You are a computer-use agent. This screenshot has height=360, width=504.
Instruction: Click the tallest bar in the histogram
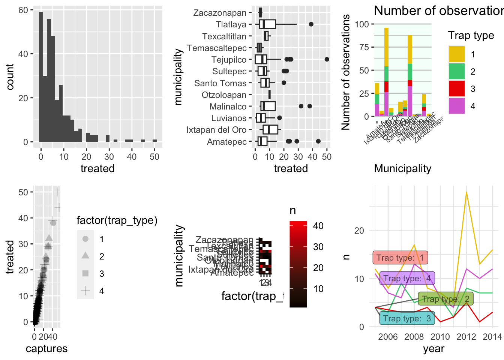click(41, 77)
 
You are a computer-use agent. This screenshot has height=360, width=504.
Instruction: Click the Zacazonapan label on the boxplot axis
click(220, 13)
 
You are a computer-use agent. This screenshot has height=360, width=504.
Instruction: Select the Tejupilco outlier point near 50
click(327, 59)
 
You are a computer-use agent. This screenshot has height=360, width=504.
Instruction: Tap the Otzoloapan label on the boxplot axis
click(224, 95)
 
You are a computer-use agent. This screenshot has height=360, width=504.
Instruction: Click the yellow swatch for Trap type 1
click(457, 54)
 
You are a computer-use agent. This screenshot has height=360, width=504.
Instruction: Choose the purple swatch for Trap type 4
click(457, 106)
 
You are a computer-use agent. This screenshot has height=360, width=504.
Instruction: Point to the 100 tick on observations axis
click(362, 24)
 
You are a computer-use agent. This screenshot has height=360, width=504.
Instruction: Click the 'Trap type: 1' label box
click(400, 258)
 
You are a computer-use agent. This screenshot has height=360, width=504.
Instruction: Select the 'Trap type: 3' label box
click(407, 318)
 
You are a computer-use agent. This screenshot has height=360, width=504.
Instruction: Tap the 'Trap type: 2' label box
click(445, 299)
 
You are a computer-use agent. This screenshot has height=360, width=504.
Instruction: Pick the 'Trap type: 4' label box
click(407, 278)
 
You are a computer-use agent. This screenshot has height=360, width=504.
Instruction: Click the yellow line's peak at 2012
click(466, 192)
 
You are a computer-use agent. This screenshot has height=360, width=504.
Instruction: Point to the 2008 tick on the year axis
click(414, 336)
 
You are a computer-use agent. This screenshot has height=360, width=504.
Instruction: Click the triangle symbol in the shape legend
click(85, 256)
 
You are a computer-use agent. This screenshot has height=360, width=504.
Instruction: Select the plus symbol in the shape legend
click(85, 291)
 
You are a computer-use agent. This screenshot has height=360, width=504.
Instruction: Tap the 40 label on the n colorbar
click(318, 226)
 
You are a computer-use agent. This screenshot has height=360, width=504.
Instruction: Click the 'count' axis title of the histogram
click(10, 76)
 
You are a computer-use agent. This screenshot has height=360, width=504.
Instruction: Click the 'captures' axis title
click(46, 349)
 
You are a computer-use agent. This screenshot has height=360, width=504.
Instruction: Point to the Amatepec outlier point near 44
click(318, 141)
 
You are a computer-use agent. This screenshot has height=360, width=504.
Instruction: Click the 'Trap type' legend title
click(471, 36)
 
